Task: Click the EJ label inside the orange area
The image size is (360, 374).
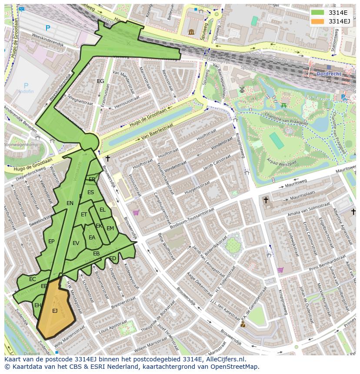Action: coord(55,311)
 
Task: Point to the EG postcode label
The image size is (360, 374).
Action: coord(100,81)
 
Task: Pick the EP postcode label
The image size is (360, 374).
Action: coord(51,242)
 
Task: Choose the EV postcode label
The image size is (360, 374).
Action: coord(76,243)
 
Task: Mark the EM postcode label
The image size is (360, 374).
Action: coord(110,228)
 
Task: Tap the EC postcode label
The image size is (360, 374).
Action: coord(33,279)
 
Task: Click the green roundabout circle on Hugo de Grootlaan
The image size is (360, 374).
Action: coord(90,142)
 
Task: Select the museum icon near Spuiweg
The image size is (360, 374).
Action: coord(191,32)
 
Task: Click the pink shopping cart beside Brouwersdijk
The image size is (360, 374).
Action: coord(136,212)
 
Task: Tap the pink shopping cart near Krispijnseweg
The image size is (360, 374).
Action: coord(280,270)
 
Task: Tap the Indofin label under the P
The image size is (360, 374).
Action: coord(26,92)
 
